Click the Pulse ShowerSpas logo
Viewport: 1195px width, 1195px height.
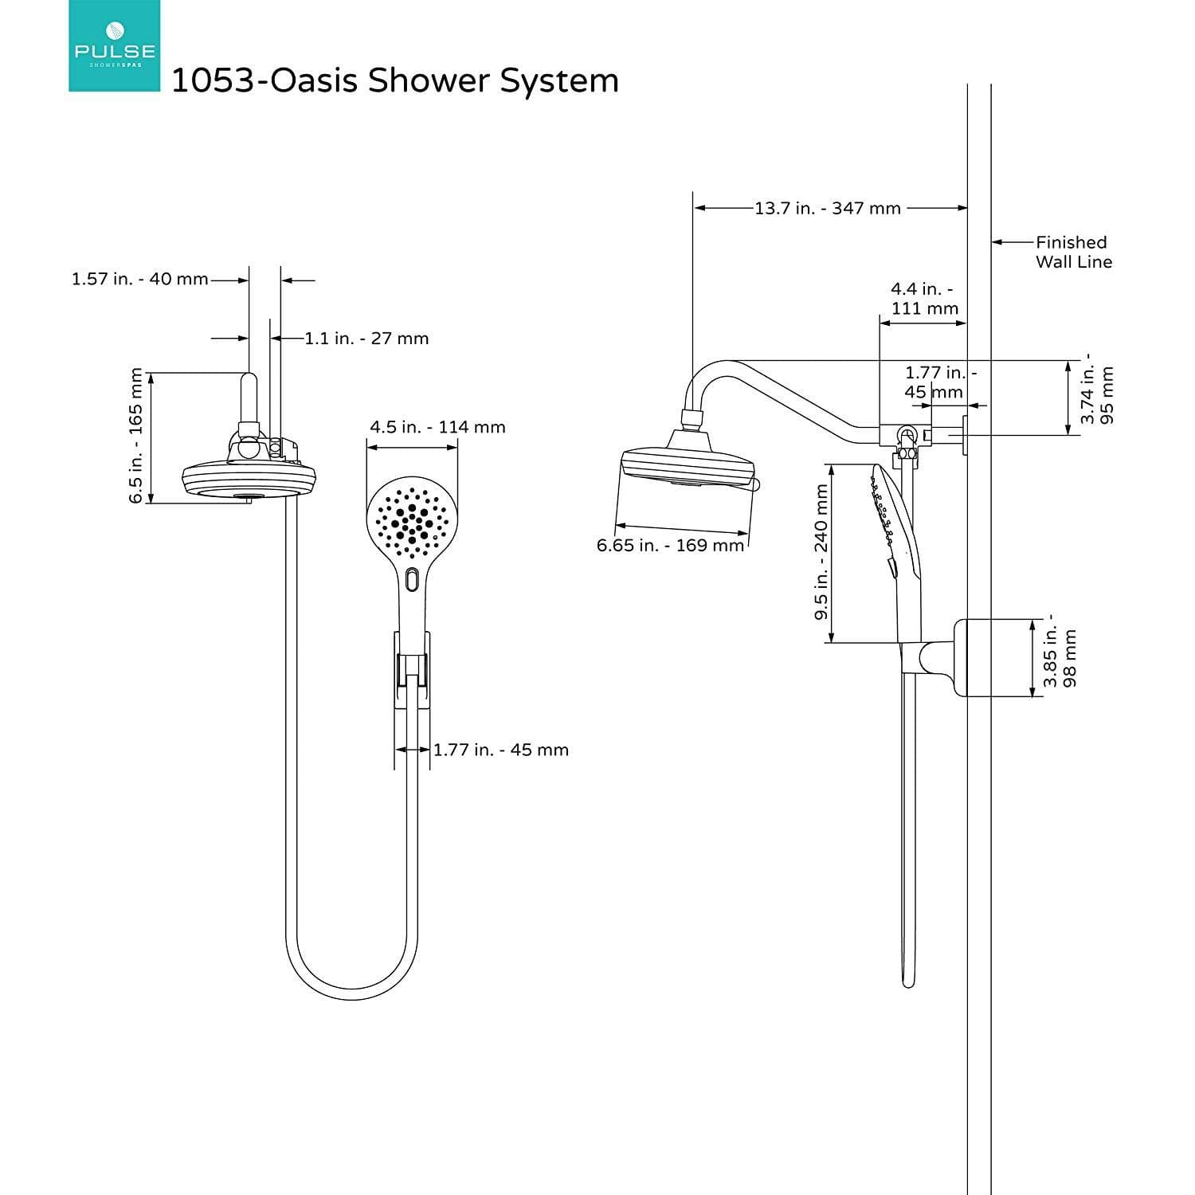114,45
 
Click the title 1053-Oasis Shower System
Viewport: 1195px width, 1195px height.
395,81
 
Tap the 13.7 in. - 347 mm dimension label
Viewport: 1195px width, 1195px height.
828,209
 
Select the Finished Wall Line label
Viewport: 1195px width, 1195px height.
1072,252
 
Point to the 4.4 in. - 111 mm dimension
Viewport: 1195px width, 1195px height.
924,299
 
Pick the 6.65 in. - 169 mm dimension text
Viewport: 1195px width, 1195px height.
670,546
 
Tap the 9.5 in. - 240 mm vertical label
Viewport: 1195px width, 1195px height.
821,553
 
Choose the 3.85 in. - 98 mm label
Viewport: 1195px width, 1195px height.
1060,657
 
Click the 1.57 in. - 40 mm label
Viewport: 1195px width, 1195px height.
139,280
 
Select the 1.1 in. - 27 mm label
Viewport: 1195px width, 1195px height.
366,339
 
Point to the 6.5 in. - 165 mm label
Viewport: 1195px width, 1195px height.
136,437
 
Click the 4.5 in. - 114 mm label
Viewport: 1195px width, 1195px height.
437,428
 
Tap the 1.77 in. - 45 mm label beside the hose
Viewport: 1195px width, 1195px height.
500,750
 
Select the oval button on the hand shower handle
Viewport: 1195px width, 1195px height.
411,579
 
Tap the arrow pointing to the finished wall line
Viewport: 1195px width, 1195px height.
1012,242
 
